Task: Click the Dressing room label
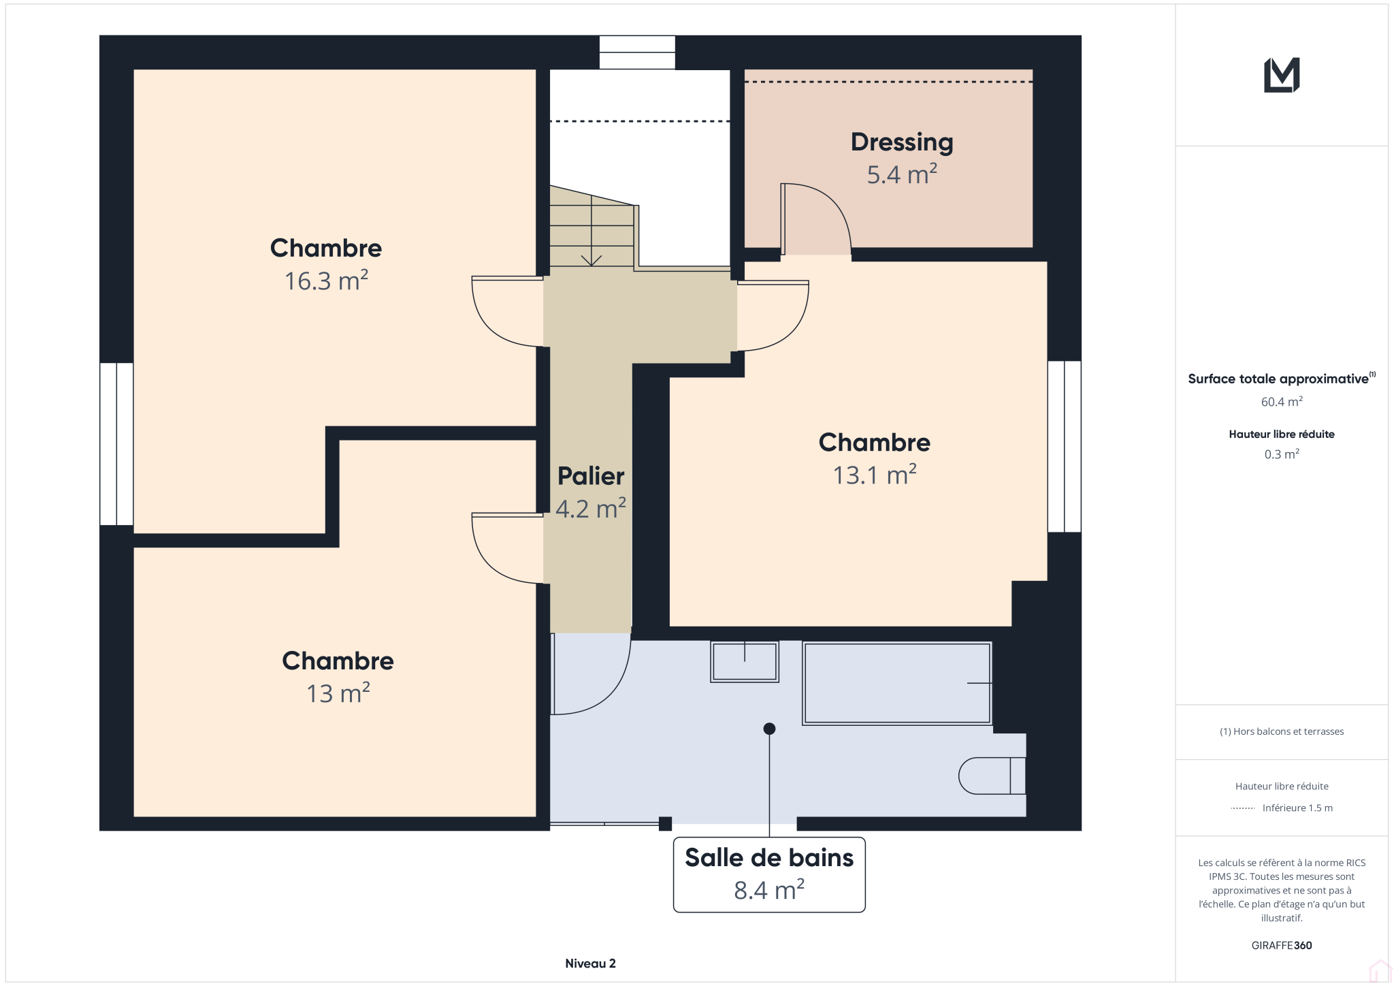click(902, 142)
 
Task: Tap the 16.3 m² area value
click(326, 281)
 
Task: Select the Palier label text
click(591, 476)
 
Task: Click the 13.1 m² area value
click(875, 475)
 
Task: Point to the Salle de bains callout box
click(769, 874)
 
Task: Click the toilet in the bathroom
click(992, 776)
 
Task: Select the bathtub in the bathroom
click(897, 683)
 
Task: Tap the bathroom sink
click(744, 661)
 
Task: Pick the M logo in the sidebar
click(1282, 75)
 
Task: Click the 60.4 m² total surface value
click(1282, 402)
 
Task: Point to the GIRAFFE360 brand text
click(1282, 945)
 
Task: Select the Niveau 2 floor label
click(590, 964)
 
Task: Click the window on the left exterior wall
click(116, 444)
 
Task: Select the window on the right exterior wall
click(1064, 446)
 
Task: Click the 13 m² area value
click(338, 693)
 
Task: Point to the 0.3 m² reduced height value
click(1282, 454)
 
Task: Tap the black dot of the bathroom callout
click(769, 729)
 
